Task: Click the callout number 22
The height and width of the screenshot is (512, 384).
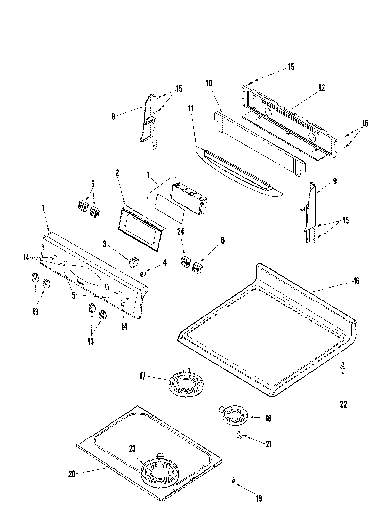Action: [343, 404]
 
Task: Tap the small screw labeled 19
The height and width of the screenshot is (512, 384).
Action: [234, 471]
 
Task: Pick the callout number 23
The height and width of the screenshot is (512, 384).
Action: [132, 449]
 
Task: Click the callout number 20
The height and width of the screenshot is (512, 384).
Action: [71, 475]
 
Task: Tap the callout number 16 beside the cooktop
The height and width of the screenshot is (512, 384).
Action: [356, 281]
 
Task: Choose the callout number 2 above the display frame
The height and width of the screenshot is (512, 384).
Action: [117, 173]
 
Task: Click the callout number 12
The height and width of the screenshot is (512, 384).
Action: [321, 88]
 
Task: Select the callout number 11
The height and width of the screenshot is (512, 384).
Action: [191, 108]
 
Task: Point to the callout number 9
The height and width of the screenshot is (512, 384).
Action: [335, 181]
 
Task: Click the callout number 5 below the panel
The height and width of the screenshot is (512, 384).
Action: [74, 295]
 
